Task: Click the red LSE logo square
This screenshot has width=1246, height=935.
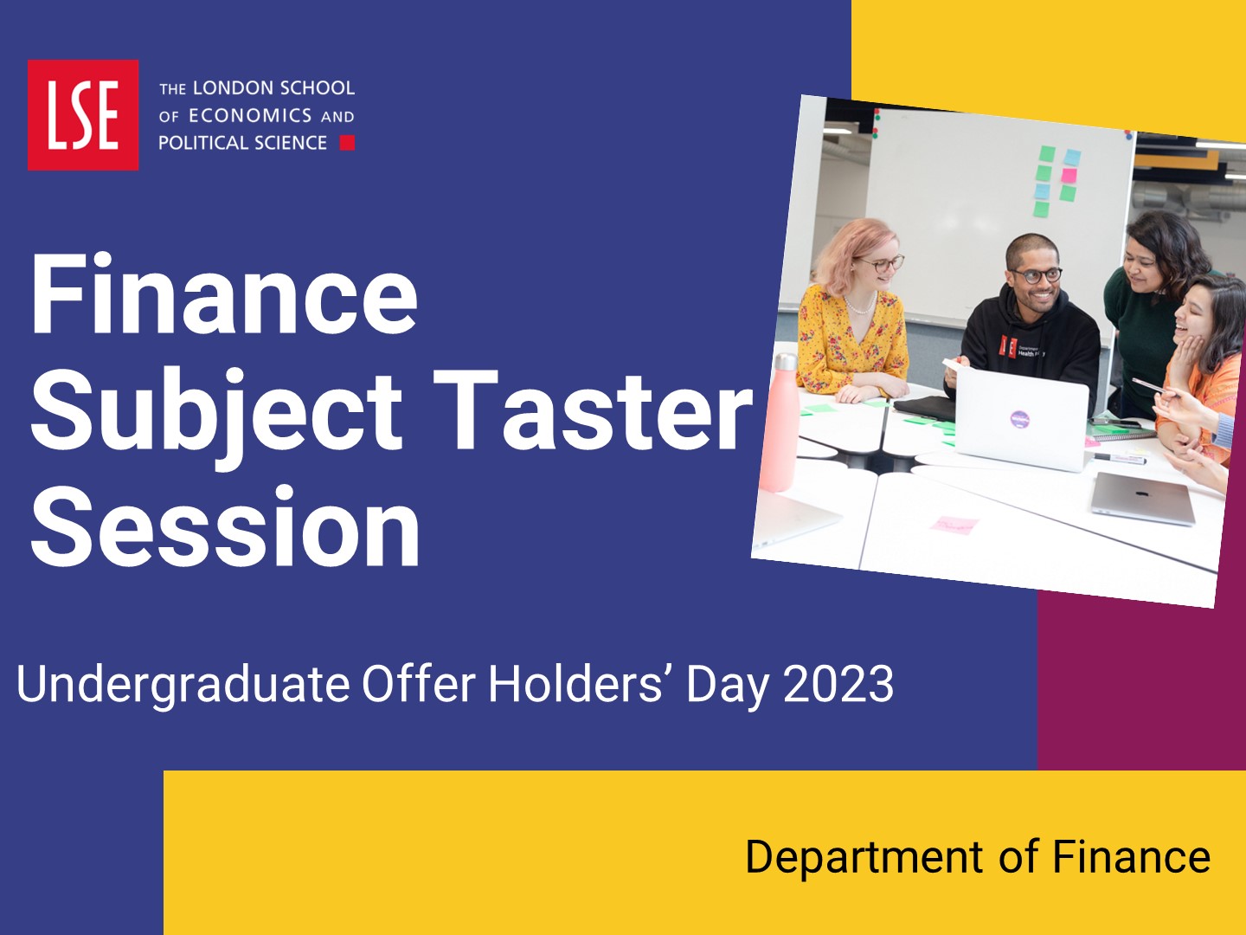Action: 83,114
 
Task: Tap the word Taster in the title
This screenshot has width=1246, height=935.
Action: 593,409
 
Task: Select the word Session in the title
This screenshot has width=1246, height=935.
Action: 225,526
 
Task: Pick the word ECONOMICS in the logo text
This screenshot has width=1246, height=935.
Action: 250,116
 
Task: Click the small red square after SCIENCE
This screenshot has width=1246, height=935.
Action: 347,143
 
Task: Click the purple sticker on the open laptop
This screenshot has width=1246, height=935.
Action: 1021,419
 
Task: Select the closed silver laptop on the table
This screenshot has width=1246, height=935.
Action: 1143,498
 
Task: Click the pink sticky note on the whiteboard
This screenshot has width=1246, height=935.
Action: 1069,175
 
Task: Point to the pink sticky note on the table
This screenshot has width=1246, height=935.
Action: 954,525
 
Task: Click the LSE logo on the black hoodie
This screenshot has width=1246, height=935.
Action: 1009,345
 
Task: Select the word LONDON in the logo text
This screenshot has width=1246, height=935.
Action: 225,88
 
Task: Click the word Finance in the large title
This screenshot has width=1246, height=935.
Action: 224,295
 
